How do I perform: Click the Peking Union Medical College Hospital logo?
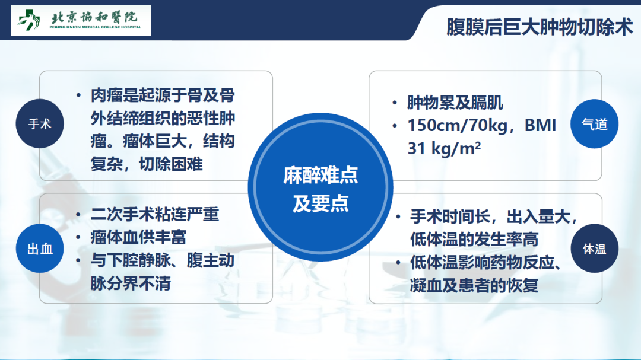pos(81,20)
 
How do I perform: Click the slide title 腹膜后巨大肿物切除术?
pos(540,27)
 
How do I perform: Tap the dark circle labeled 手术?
pos(40,124)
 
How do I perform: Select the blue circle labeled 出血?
pos(40,249)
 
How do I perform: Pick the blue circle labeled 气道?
pos(594,124)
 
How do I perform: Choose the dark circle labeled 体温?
pos(594,249)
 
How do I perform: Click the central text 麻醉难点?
pos(320,176)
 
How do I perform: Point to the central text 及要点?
pos(320,203)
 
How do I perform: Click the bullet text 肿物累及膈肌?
pos(455,103)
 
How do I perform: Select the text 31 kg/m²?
pos(444,148)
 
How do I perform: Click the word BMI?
pos(541,125)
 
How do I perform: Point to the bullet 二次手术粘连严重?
pos(154,214)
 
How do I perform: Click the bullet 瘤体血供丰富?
pos(138,237)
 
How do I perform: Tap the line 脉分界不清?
pos(131,283)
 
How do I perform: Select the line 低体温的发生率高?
pos(474,240)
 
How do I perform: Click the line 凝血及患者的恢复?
pos(474,285)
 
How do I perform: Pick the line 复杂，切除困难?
pos(147,164)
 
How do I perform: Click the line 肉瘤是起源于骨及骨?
pos(163,95)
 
